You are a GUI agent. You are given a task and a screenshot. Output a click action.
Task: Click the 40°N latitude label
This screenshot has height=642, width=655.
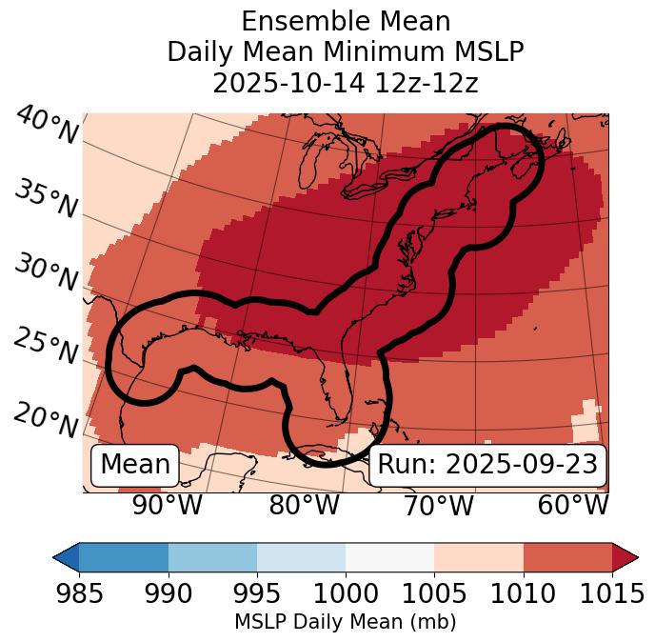(x=46, y=125)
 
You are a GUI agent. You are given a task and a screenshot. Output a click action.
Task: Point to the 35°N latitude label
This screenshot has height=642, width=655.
(x=46, y=199)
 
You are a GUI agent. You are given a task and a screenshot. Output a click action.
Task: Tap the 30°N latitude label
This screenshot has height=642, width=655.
(x=46, y=273)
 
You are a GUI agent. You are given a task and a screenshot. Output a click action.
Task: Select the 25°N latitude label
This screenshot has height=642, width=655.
(x=46, y=347)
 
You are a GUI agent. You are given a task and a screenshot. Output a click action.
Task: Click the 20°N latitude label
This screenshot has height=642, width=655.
(x=46, y=419)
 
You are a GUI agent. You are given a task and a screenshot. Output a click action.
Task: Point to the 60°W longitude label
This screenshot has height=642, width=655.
(x=572, y=505)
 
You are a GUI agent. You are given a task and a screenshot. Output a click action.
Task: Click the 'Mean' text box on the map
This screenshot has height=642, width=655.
(x=135, y=465)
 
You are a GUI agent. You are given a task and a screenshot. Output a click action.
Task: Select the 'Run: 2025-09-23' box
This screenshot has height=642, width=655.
(x=487, y=465)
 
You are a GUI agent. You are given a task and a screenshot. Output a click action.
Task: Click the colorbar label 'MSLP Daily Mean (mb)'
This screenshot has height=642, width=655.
(x=346, y=622)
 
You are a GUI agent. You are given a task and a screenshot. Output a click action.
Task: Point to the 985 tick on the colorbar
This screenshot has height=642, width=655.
(x=79, y=593)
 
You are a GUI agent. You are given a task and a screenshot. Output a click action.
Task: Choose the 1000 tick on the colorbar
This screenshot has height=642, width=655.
(x=346, y=593)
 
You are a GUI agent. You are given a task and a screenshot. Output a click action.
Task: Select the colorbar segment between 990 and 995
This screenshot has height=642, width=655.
(x=212, y=556)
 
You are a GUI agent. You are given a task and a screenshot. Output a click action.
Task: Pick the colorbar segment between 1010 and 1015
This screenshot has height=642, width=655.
(x=567, y=556)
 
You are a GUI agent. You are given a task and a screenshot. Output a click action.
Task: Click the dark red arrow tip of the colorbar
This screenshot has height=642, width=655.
(x=625, y=556)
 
